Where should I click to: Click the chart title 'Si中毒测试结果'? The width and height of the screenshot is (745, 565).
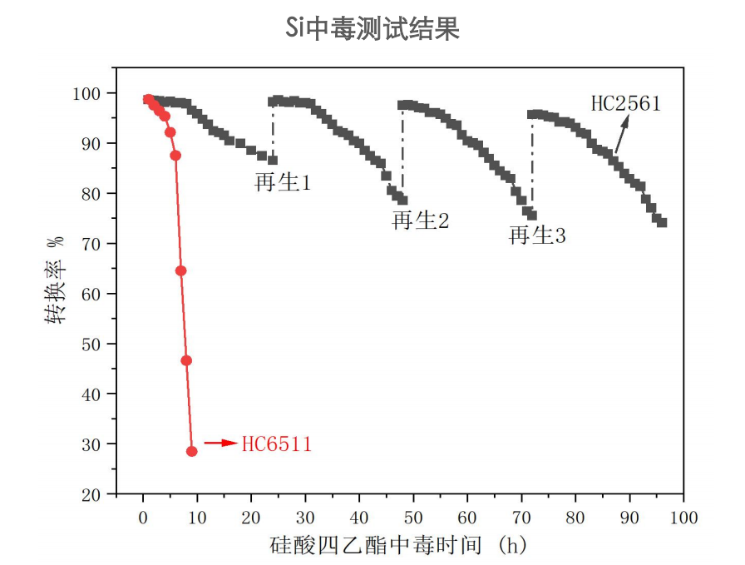(x=372, y=29)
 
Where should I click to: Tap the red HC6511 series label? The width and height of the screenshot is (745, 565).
(x=276, y=444)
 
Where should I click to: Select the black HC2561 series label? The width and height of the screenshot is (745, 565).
(x=625, y=104)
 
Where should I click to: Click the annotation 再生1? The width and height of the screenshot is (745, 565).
(x=283, y=182)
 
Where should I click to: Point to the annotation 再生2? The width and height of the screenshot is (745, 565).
(x=421, y=221)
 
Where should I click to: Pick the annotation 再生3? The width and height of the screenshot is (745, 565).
(x=537, y=235)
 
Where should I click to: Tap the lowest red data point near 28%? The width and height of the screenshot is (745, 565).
(x=192, y=451)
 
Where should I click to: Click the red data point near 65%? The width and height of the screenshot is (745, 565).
(x=181, y=270)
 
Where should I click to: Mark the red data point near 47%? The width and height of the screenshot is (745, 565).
(x=186, y=360)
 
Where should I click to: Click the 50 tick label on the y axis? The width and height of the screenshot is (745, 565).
(x=96, y=344)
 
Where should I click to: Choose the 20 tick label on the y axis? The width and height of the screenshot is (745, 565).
(x=96, y=494)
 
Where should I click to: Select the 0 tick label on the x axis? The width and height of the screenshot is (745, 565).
(x=143, y=516)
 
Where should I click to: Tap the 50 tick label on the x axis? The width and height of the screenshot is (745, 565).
(x=413, y=516)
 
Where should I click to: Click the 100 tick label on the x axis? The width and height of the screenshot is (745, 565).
(x=683, y=516)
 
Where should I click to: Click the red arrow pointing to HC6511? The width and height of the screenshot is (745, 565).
(x=220, y=444)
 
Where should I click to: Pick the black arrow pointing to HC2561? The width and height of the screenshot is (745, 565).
(x=621, y=133)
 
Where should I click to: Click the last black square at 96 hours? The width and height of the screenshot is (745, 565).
(x=662, y=222)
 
